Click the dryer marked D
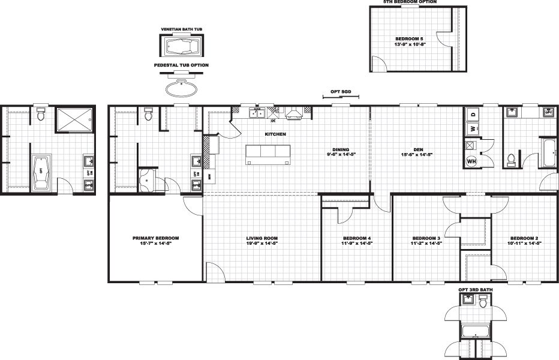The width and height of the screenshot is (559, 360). click(x=473, y=114)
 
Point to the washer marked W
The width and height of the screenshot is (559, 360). click(x=473, y=128)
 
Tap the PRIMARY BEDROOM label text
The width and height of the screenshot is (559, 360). click(x=155, y=238)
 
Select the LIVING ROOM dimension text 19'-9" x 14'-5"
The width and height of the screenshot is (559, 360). click(x=262, y=244)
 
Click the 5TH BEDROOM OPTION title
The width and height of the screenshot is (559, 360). click(x=410, y=2)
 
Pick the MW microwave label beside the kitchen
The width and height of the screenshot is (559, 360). click(x=209, y=176)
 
